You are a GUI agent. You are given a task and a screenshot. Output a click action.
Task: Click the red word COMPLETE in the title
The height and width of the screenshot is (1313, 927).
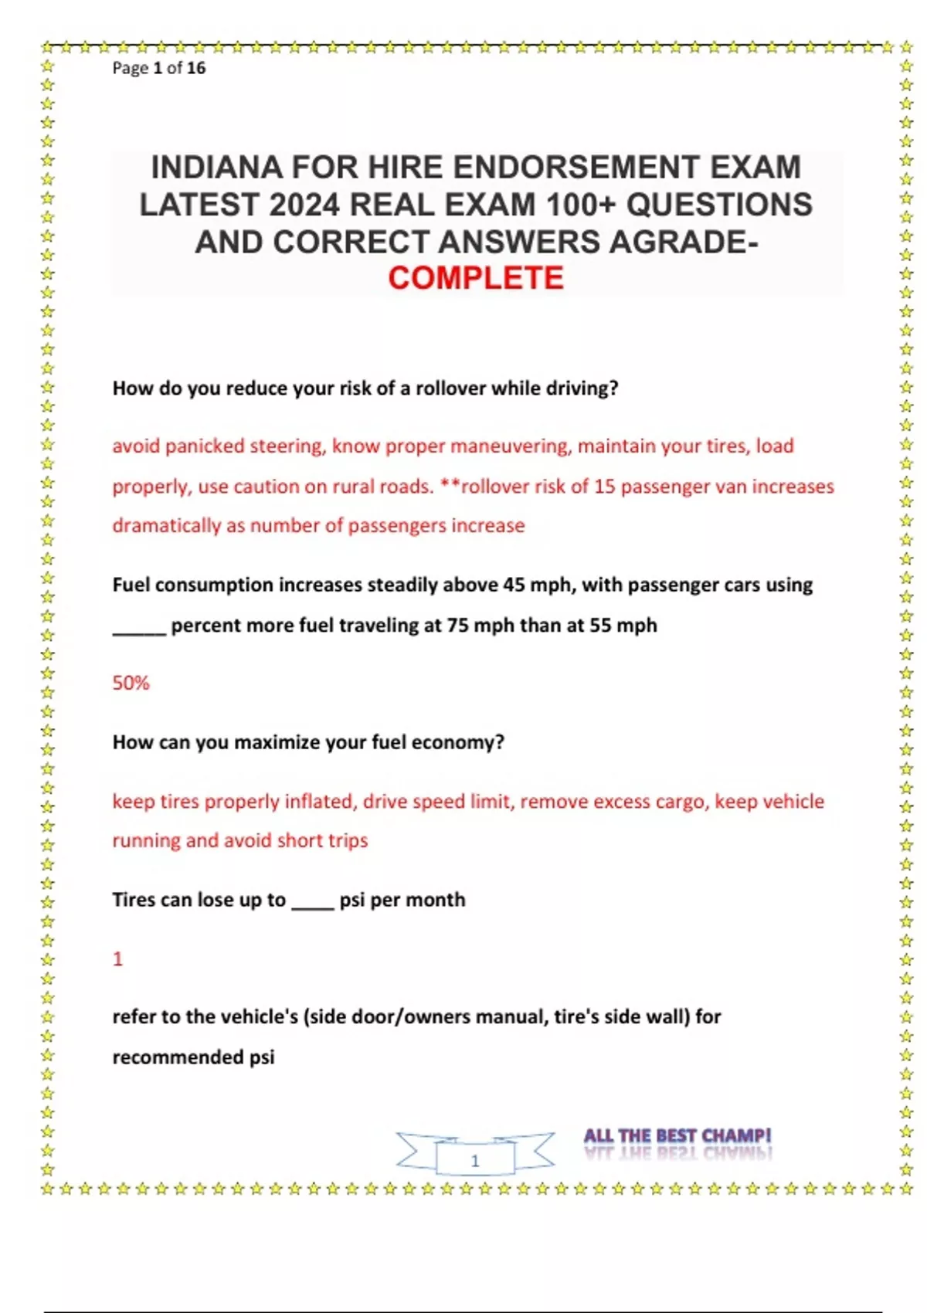(476, 278)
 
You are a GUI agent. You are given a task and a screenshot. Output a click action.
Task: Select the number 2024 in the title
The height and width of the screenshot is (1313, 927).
(304, 205)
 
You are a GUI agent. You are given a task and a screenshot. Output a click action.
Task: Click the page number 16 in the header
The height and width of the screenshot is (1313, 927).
(196, 68)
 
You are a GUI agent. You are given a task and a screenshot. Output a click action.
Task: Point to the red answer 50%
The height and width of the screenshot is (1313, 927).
(131, 683)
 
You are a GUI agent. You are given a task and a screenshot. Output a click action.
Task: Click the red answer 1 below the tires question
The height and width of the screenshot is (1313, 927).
(117, 958)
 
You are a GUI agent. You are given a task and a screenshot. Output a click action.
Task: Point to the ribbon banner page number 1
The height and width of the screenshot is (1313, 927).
(475, 1160)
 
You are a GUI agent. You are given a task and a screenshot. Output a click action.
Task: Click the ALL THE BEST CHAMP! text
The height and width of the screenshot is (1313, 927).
(677, 1135)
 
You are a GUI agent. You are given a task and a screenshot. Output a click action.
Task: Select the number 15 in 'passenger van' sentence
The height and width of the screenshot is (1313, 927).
(604, 487)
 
